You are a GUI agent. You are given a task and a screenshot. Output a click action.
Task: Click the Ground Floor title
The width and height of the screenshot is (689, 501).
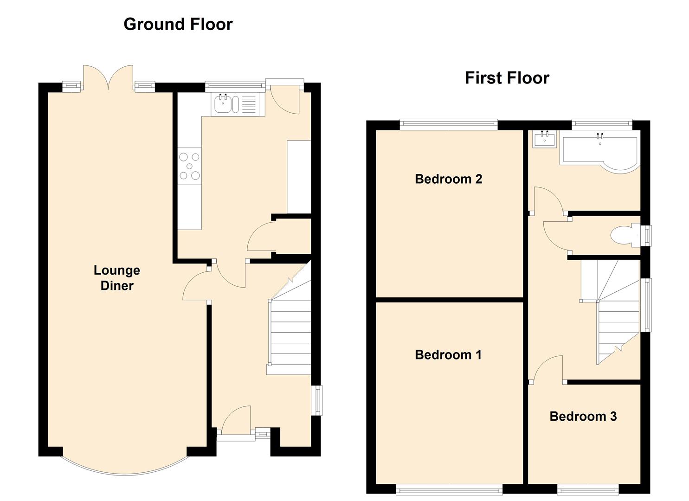[x=178, y=24]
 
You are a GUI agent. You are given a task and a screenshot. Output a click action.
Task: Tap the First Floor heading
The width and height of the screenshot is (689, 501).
[x=507, y=78]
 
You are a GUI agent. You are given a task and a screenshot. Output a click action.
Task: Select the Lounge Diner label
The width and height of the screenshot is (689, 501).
[x=117, y=278]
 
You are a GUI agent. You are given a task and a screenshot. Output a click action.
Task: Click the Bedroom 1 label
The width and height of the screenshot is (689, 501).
[x=448, y=354]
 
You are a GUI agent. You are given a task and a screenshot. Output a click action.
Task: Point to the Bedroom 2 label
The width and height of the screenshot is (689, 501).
[x=449, y=179]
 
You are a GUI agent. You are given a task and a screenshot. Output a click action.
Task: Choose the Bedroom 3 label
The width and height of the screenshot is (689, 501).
[x=583, y=416]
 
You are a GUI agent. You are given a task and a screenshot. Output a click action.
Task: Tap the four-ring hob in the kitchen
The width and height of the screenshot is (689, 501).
[x=189, y=167]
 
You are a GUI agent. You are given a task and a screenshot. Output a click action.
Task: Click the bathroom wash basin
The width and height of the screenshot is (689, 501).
[x=544, y=139]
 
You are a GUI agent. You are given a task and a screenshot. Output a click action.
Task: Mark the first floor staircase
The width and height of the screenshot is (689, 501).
[x=611, y=312]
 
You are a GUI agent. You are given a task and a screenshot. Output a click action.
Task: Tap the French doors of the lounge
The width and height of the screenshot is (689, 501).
[x=108, y=78]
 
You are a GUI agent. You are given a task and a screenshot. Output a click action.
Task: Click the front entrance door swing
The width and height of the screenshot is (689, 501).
[x=236, y=419]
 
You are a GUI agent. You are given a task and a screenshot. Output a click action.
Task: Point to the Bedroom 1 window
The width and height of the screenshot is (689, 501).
[x=449, y=489]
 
